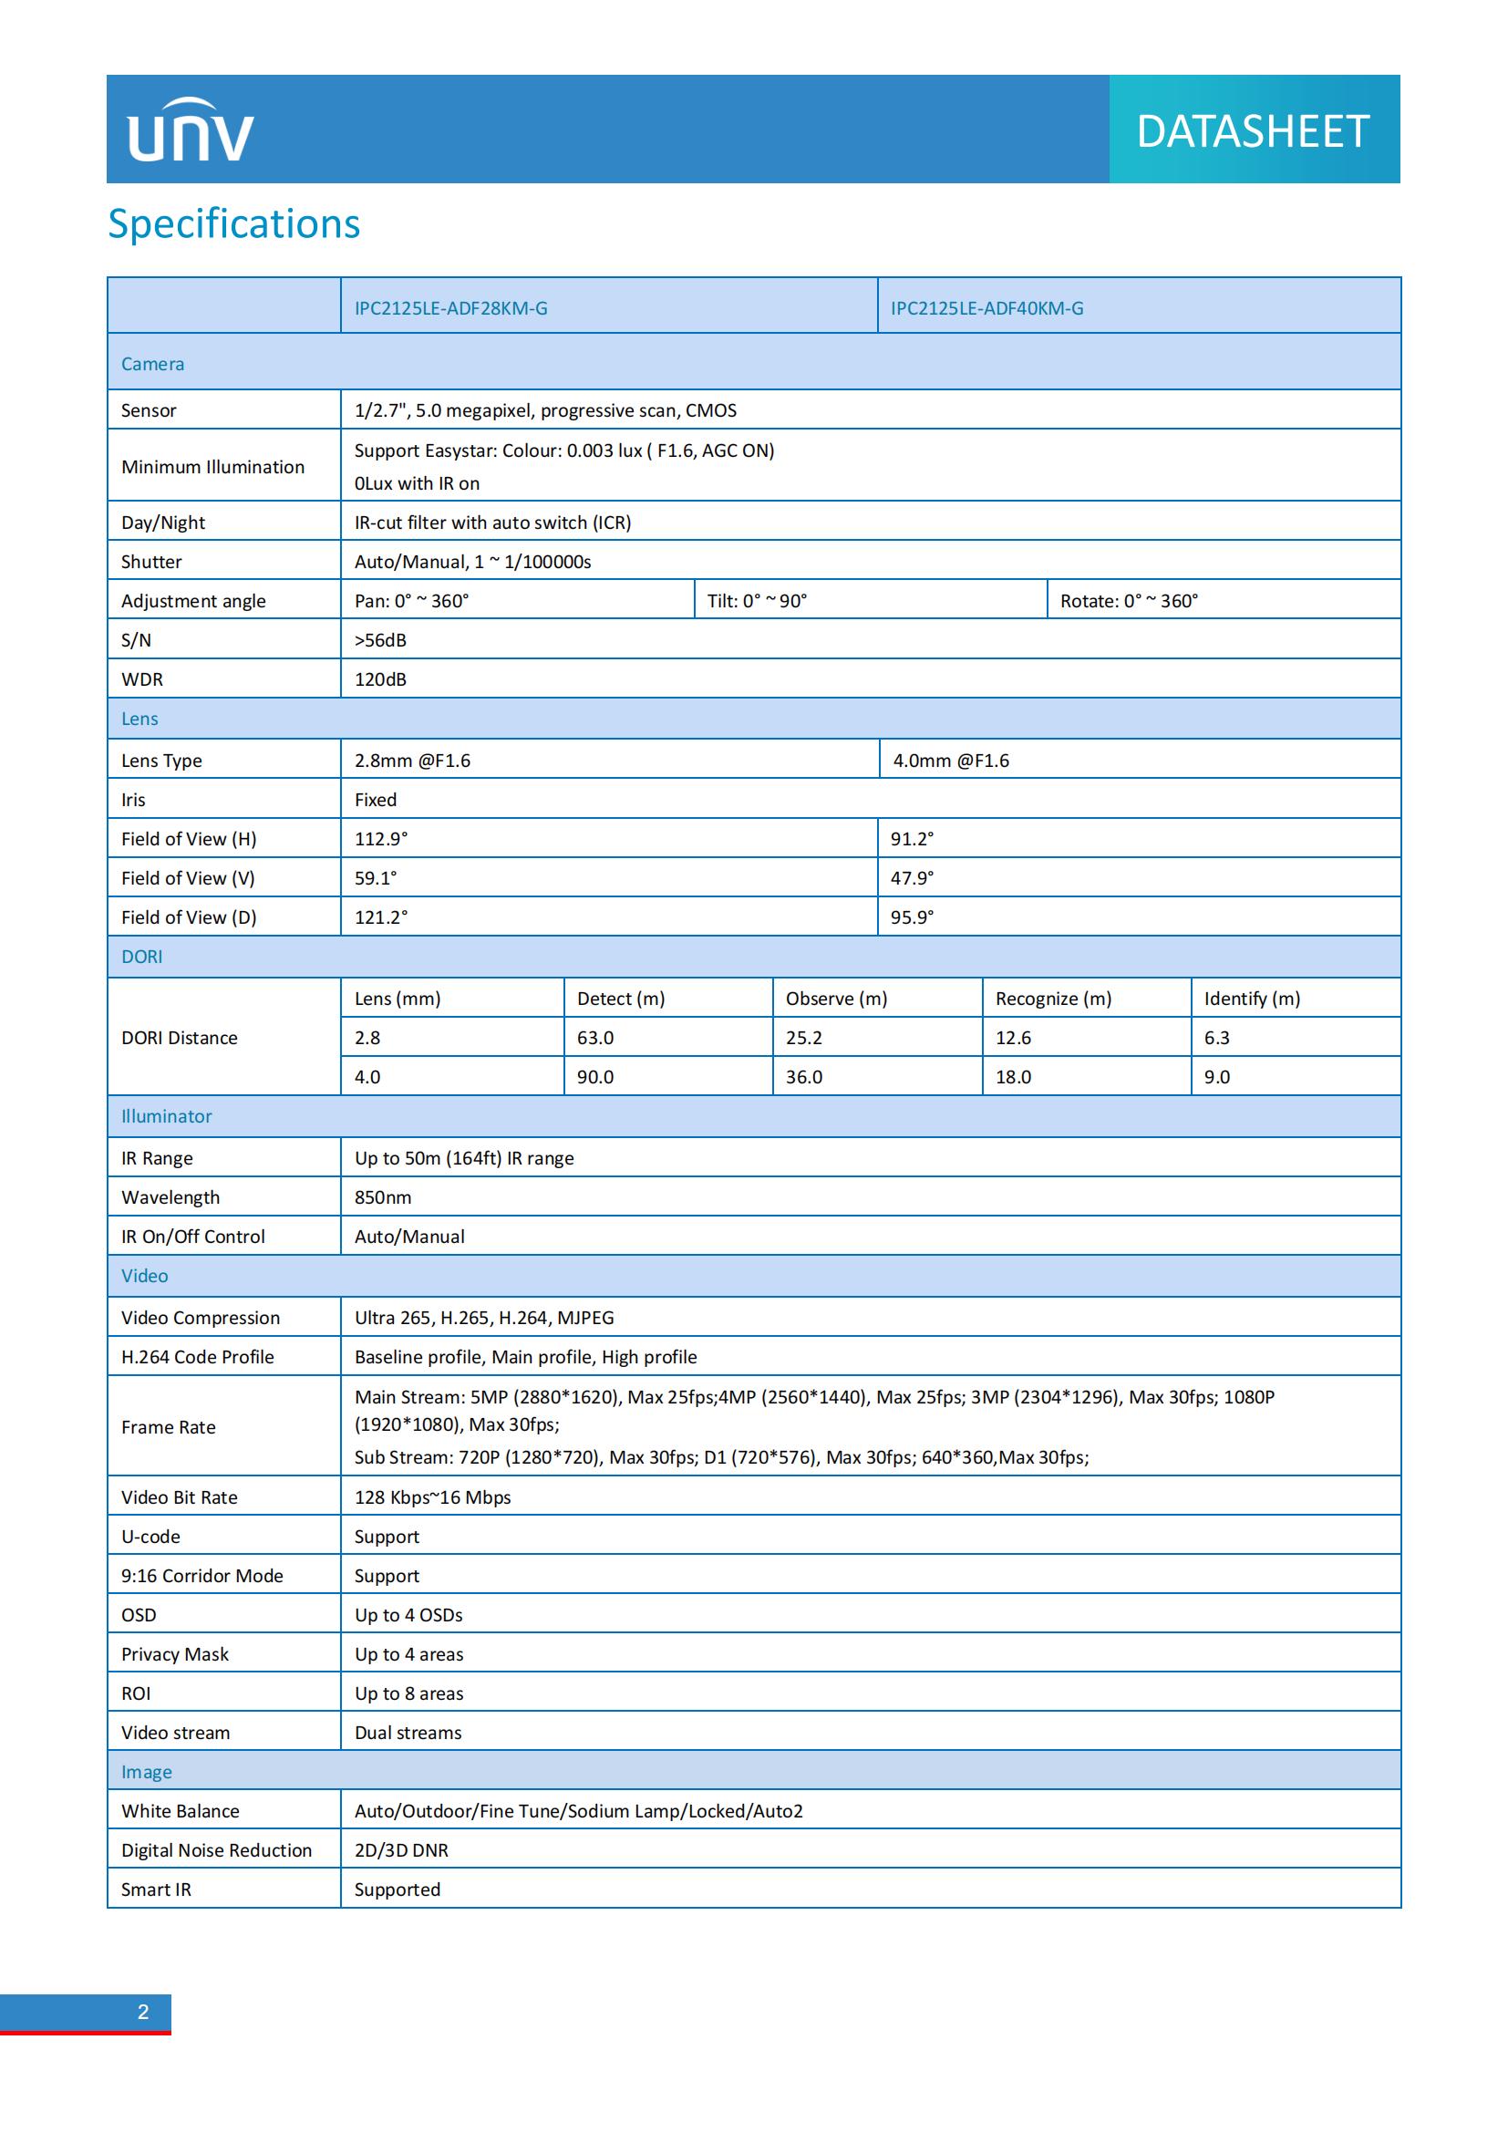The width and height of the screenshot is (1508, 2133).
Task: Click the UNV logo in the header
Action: (x=191, y=131)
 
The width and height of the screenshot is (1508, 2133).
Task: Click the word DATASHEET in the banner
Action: (x=1253, y=131)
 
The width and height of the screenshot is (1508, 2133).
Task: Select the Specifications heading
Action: (x=234, y=224)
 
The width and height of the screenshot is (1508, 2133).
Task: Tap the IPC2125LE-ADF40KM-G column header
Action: (x=987, y=308)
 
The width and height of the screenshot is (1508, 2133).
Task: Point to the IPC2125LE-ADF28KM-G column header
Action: (x=451, y=308)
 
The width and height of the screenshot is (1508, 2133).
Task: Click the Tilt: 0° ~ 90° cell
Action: (x=757, y=601)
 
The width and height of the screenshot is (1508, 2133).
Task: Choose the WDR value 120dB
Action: (x=381, y=679)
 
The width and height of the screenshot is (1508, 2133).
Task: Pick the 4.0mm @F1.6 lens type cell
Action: (x=951, y=761)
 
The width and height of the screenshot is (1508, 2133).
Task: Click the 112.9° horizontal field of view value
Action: (x=381, y=839)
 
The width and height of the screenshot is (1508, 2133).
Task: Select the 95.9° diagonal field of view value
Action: (x=912, y=916)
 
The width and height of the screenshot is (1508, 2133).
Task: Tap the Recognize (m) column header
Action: (x=1053, y=999)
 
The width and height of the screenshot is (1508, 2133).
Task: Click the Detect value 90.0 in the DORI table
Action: (x=595, y=1077)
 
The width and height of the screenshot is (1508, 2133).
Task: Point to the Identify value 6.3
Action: (x=1216, y=1038)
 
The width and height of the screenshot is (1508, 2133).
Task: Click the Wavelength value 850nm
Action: (x=383, y=1197)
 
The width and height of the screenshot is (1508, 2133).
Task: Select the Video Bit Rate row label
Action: (x=180, y=1496)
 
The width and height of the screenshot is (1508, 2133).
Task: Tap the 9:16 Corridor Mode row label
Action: (x=201, y=1576)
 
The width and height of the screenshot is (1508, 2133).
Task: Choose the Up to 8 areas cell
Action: (x=408, y=1693)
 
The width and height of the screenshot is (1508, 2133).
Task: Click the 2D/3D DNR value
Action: (x=401, y=1849)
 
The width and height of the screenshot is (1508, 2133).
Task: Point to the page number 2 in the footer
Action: (x=143, y=2012)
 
